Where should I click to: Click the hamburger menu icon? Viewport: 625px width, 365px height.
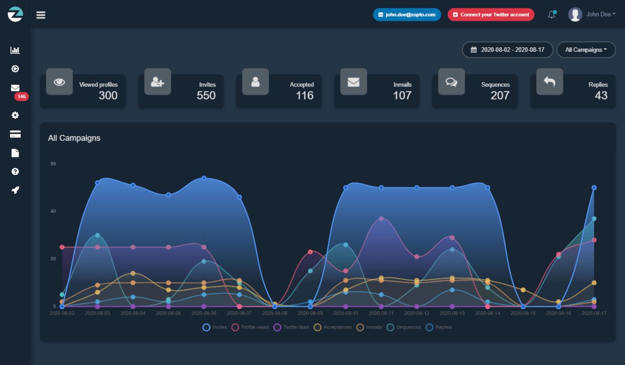[41, 15]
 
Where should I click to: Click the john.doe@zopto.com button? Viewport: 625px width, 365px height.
[407, 14]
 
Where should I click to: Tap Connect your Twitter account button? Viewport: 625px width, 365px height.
[491, 14]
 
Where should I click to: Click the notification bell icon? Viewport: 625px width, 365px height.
[551, 15]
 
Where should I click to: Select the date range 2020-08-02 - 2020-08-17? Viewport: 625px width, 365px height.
[507, 50]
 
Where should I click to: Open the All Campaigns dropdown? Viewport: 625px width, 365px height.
[586, 50]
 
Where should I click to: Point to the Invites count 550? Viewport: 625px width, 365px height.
[206, 95]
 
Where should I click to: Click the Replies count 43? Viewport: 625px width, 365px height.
[601, 95]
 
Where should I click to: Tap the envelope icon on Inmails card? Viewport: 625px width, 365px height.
[353, 82]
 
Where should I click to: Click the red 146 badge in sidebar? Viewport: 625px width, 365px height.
[21, 96]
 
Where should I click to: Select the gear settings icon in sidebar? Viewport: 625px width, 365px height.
[15, 115]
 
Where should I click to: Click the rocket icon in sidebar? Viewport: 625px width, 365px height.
[15, 190]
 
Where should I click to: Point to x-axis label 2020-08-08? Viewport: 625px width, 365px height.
[275, 313]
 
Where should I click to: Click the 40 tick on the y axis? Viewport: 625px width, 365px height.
[53, 211]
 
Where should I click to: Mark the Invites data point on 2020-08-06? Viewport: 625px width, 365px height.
[204, 178]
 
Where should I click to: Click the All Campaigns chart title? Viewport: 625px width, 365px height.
[74, 138]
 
